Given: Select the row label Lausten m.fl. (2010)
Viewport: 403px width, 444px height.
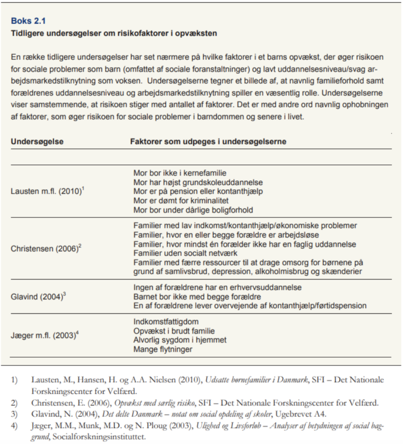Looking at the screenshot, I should (46, 191).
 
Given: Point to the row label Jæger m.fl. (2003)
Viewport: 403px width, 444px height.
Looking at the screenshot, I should (44, 336).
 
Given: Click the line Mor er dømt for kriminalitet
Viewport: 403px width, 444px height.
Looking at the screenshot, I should (181, 201).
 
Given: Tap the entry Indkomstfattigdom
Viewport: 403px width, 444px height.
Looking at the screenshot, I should (166, 322).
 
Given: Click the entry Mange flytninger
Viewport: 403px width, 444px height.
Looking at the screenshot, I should (163, 349).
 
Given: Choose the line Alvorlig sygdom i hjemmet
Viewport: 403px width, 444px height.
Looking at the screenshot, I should (180, 340).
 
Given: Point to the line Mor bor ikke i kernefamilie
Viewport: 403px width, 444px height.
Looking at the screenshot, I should (180, 173).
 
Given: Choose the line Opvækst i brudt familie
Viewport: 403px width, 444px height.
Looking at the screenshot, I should (174, 331).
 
